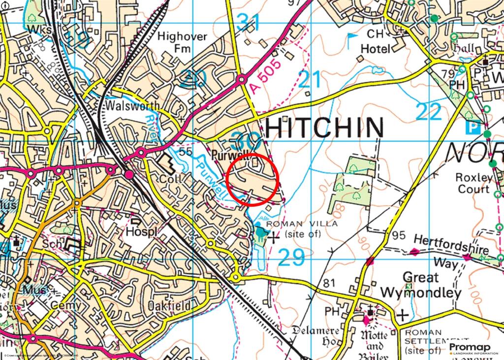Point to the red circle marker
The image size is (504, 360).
tap(254, 179)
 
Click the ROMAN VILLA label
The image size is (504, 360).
tap(302, 224)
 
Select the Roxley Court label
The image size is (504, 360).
tap(473, 183)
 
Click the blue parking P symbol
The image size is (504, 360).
tap(473, 128)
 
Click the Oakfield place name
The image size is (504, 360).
tap(169, 306)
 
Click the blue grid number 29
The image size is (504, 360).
tap(291, 258)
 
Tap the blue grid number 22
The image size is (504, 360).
tap(429, 112)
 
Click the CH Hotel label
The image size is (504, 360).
tap(375, 42)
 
